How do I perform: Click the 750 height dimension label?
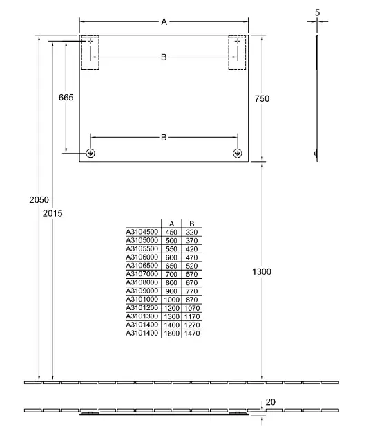click(262, 98)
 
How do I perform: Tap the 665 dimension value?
click(66, 98)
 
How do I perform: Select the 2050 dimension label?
click(39, 199)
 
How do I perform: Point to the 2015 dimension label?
click(52, 213)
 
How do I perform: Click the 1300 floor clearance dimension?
click(262, 271)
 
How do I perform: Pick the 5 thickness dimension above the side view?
click(318, 12)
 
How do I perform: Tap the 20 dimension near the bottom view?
click(271, 402)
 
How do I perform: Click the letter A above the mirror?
click(164, 21)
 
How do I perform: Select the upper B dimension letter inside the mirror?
click(164, 57)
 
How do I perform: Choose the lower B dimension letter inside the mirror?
click(164, 137)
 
